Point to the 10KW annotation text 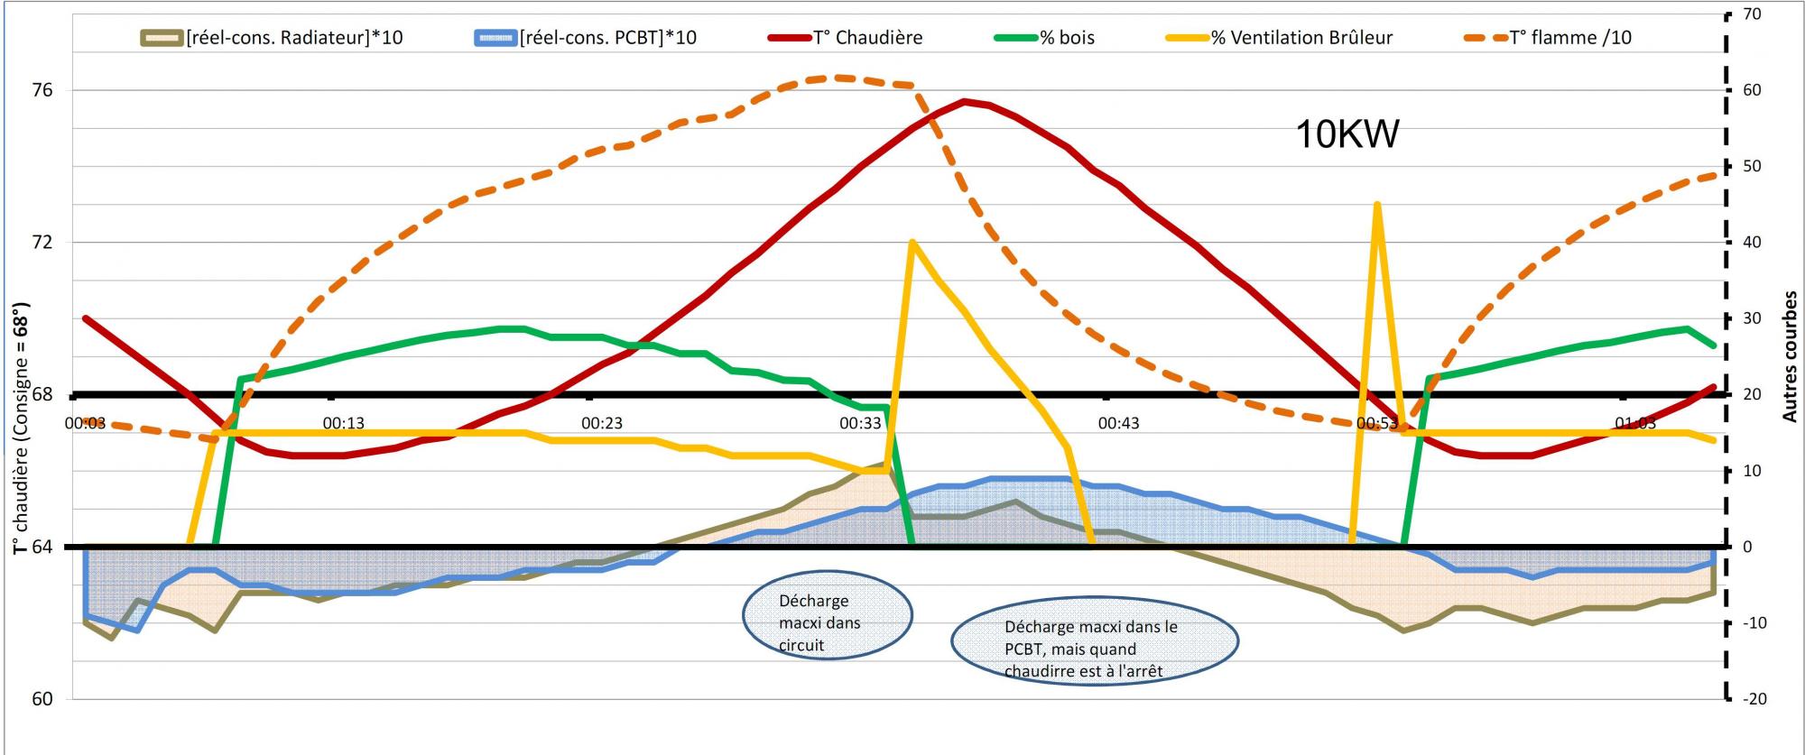pyautogui.click(x=1347, y=134)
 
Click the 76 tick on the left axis pyautogui.click(x=42, y=90)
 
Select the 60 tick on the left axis pyautogui.click(x=42, y=699)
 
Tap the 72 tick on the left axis pyautogui.click(x=42, y=243)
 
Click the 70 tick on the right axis pyautogui.click(x=1752, y=14)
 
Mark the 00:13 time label pyautogui.click(x=344, y=423)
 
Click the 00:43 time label pyautogui.click(x=1118, y=423)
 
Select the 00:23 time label pyautogui.click(x=602, y=423)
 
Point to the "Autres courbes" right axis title pyautogui.click(x=1791, y=355)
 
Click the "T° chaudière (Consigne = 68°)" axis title pyautogui.click(x=21, y=428)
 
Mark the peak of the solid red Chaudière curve pyautogui.click(x=965, y=101)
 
